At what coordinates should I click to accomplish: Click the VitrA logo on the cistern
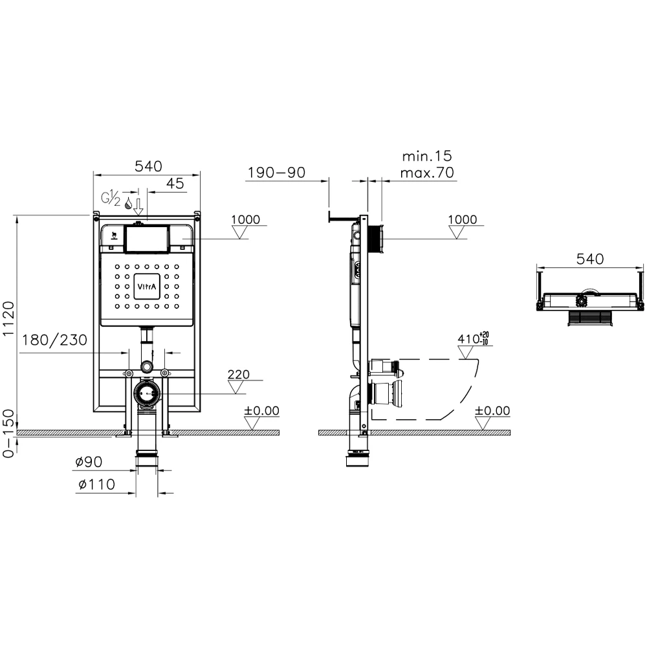pos(147,287)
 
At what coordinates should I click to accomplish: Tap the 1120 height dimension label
pos(8,318)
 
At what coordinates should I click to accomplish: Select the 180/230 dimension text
pos(54,340)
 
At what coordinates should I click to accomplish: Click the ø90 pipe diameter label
pos(89,462)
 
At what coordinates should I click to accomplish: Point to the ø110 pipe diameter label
pos(97,484)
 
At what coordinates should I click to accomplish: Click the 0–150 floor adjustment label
pos(8,433)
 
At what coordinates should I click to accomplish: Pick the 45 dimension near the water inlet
pos(175,183)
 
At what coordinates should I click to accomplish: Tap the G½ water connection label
pos(111,198)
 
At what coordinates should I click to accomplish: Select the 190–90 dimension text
pos(276,173)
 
